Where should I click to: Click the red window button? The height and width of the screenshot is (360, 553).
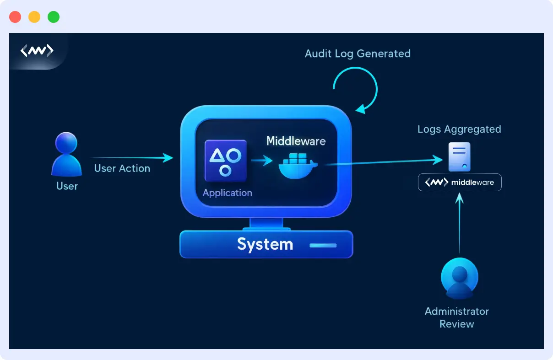tap(15, 17)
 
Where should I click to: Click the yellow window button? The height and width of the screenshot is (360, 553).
tap(34, 17)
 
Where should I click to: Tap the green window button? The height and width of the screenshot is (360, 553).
tap(54, 17)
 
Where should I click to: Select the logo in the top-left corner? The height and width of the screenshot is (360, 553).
tap(37, 50)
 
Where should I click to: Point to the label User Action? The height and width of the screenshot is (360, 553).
tap(122, 168)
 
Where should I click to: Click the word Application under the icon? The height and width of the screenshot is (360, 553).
tap(227, 193)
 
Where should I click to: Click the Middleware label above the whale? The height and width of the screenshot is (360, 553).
tap(296, 141)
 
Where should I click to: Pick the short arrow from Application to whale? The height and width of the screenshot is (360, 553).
tap(261, 161)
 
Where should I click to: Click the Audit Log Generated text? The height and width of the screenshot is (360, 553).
tap(358, 54)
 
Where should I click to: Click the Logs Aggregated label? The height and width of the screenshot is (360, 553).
tap(459, 129)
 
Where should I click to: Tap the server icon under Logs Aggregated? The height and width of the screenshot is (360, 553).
tap(459, 157)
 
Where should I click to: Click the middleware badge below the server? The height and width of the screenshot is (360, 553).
tap(460, 182)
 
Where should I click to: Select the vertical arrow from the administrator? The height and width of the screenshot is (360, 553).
tap(460, 224)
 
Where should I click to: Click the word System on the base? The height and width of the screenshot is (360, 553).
tap(265, 244)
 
